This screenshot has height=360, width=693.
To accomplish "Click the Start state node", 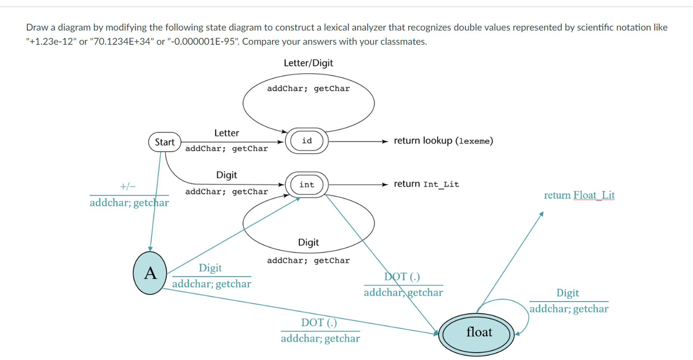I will click(165, 142).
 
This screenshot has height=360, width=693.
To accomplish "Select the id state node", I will click(307, 141).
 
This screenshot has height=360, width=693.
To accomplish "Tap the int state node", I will click(307, 184).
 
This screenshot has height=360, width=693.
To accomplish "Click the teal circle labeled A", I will click(150, 273).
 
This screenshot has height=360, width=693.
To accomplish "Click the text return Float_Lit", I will click(579, 195).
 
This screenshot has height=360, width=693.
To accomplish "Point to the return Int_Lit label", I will click(426, 184).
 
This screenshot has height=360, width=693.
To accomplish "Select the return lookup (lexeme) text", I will click(443, 141).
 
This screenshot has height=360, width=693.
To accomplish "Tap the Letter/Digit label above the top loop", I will click(308, 63).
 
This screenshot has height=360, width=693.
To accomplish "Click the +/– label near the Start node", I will click(128, 186).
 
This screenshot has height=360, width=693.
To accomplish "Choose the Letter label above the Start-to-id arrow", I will click(227, 133).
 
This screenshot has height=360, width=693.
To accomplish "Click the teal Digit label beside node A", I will click(210, 268).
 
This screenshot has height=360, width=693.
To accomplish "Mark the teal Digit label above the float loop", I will click(567, 293).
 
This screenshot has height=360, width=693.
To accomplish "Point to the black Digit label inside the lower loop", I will click(308, 242).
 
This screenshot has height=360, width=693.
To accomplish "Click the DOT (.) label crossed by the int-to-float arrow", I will click(402, 277).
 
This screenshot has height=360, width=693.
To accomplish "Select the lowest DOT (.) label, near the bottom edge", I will click(319, 322).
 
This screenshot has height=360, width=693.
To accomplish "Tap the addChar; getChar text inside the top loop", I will click(308, 88).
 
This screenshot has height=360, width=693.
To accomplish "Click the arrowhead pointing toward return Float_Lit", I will click(542, 214).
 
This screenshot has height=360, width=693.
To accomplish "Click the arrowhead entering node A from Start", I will click(150, 249).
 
